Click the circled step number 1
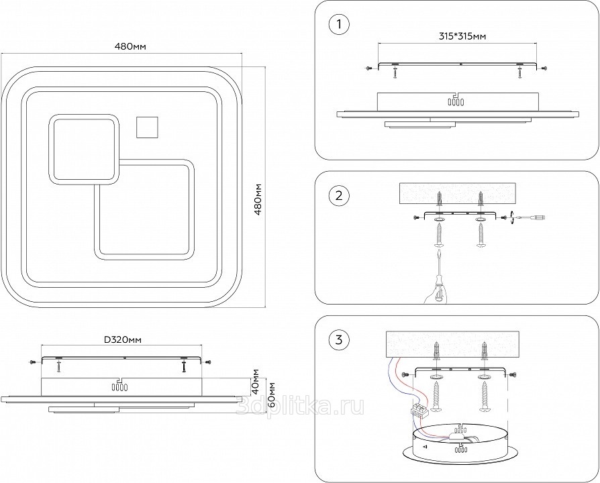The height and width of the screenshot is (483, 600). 339,25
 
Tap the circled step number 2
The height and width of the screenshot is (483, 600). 339,196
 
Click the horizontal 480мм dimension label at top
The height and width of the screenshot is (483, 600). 131,46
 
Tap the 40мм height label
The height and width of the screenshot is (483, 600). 256,382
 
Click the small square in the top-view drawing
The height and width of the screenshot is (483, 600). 146,126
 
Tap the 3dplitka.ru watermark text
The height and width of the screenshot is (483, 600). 302,405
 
